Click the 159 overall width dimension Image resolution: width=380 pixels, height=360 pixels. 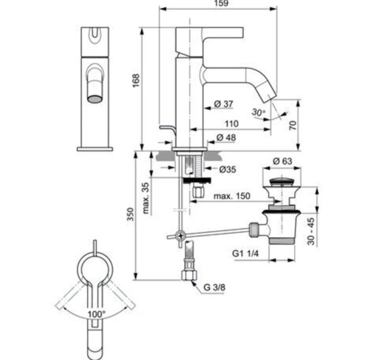pyautogui.click(x=218, y=5)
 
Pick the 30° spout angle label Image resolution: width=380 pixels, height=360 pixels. pyautogui.click(x=259, y=113)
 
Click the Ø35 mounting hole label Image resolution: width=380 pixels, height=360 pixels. pyautogui.click(x=227, y=168)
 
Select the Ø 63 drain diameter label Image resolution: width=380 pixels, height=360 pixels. pyautogui.click(x=284, y=160)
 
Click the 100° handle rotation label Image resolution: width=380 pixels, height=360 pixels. pyautogui.click(x=97, y=314)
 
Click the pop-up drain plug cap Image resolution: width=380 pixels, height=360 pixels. pyautogui.click(x=284, y=181)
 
